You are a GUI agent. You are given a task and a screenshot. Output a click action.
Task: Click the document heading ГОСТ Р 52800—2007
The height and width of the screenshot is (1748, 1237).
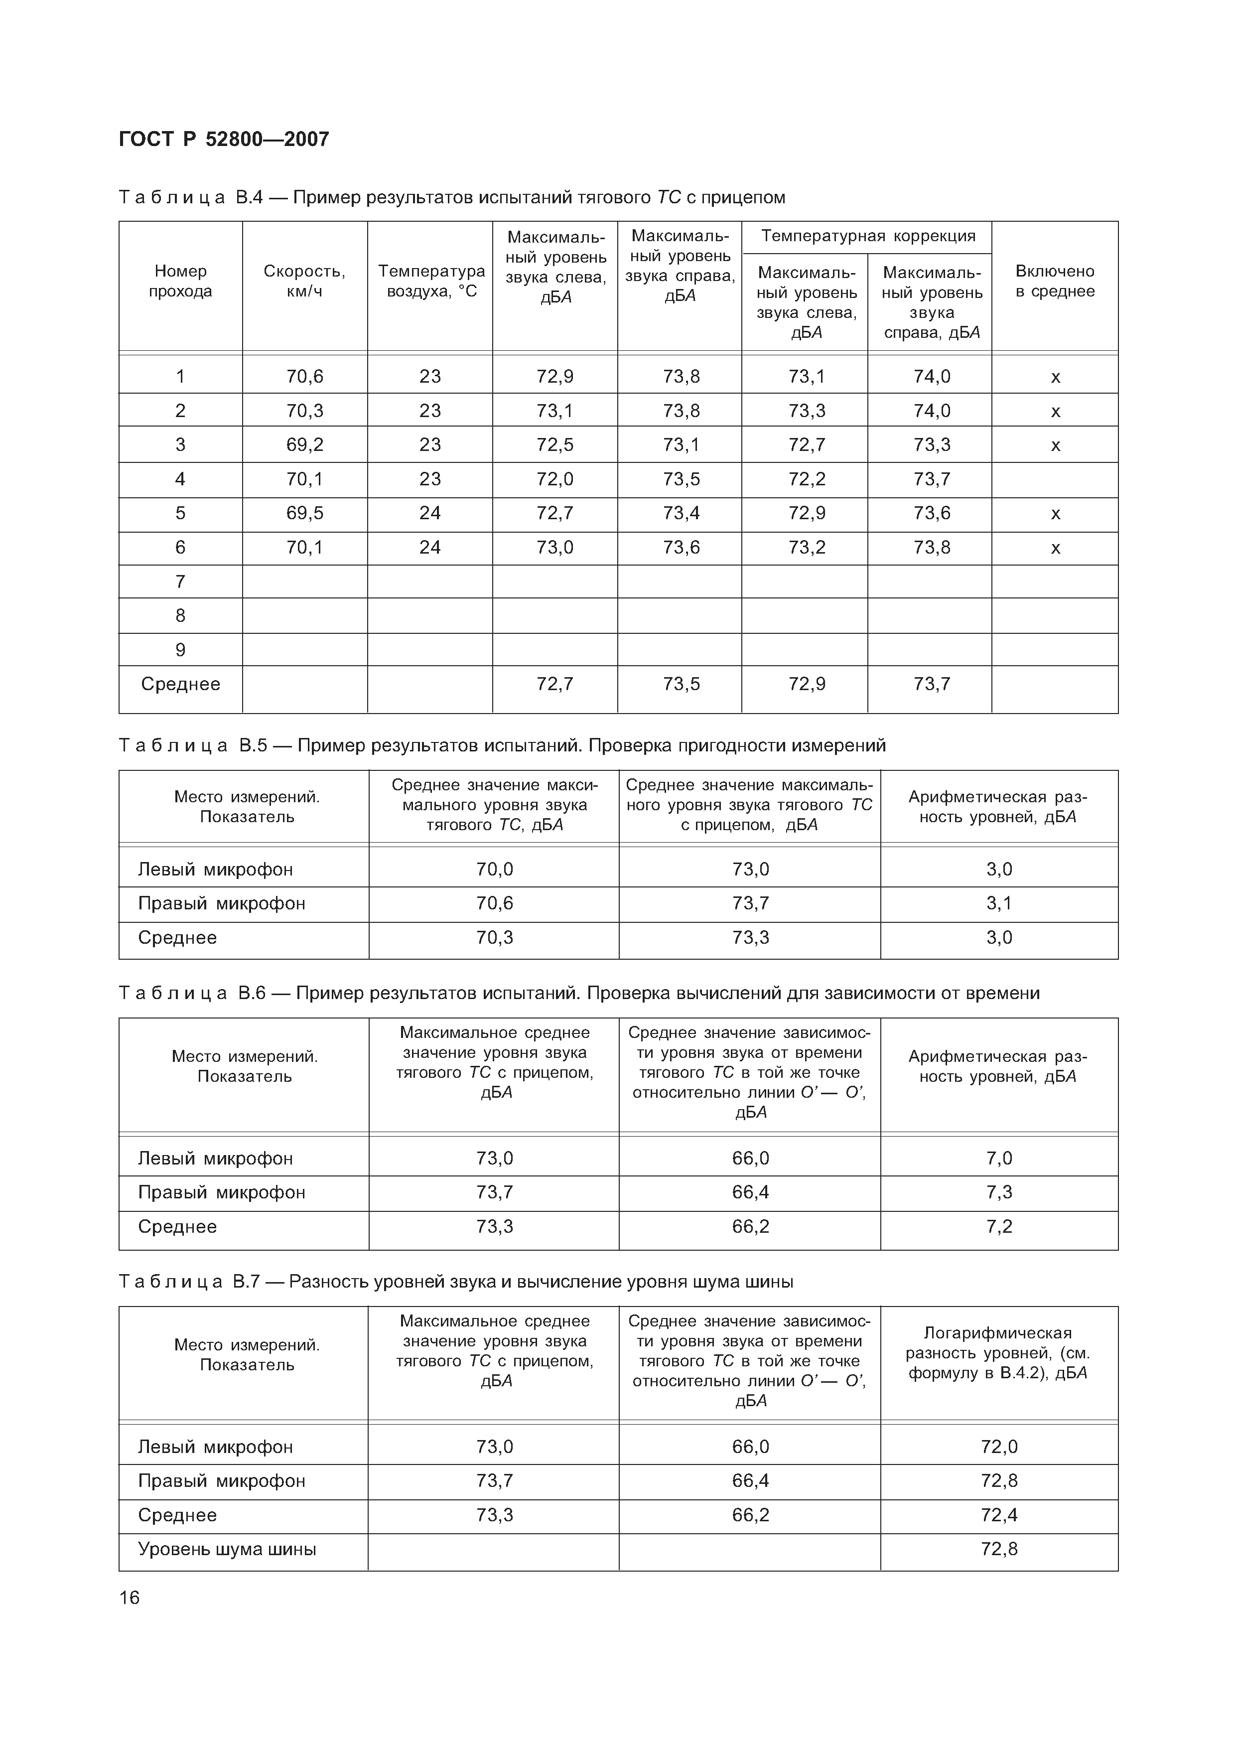[224, 140]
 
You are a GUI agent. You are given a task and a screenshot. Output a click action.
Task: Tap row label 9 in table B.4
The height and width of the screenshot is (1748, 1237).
[180, 650]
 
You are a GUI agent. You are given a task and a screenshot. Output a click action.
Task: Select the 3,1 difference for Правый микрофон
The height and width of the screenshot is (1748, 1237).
[998, 903]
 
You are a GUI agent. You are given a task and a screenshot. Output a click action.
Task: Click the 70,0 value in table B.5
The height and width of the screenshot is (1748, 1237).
[494, 869]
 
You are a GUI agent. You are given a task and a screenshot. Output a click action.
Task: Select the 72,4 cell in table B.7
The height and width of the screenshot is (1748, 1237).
[998, 1515]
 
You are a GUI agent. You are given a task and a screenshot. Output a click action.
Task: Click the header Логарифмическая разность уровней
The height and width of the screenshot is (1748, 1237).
[998, 1353]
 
